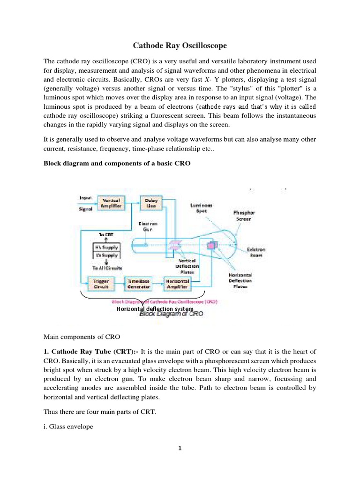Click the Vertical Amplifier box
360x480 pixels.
(x=111, y=202)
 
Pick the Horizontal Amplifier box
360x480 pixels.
(x=177, y=284)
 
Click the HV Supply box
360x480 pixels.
(x=107, y=247)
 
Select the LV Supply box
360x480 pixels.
(x=107, y=255)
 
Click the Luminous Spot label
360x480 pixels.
(x=201, y=208)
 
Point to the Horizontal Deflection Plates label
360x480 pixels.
(x=240, y=280)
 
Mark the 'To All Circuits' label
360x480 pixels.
(x=107, y=268)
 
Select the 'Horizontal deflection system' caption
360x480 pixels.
(x=155, y=309)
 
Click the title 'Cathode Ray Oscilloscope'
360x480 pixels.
(x=180, y=45)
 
